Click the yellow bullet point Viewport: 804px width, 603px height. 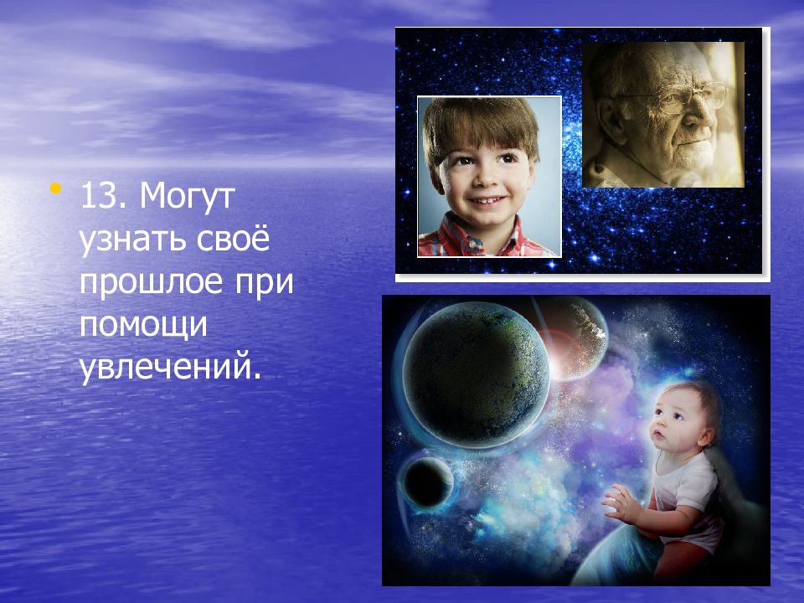pyautogui.click(x=56, y=188)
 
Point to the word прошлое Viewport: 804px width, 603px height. pyautogui.click(x=151, y=282)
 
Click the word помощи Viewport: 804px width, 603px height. pyautogui.click(x=143, y=325)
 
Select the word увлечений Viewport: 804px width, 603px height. pyautogui.click(x=170, y=367)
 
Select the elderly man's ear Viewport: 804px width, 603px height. pyautogui.click(x=608, y=122)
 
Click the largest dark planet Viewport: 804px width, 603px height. pyautogui.click(x=476, y=375)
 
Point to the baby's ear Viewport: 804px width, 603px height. pyautogui.click(x=707, y=435)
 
